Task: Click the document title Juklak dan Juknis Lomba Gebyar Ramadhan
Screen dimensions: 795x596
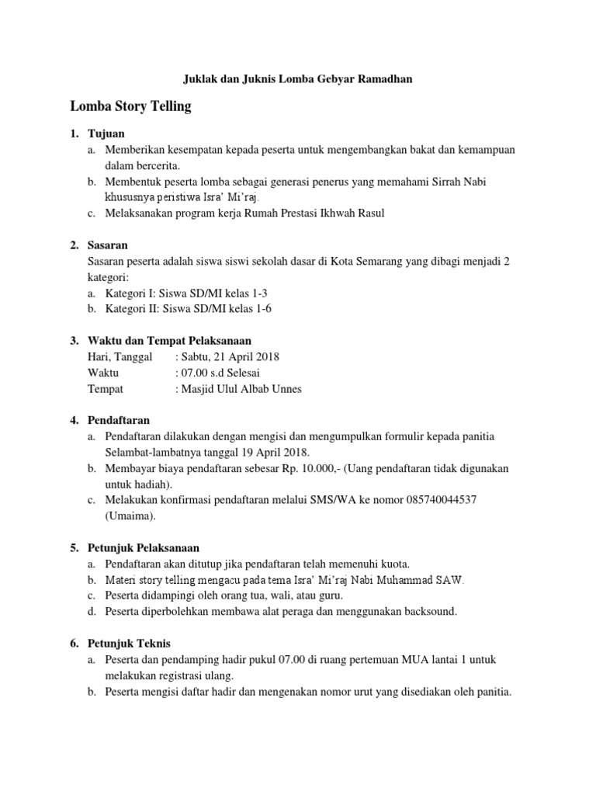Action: tap(297, 78)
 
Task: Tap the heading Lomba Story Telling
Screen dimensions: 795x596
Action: tap(130, 106)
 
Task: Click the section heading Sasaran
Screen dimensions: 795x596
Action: tap(109, 245)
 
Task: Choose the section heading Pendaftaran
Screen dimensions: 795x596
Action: tap(119, 420)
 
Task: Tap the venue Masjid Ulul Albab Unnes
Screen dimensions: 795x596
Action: tap(241, 389)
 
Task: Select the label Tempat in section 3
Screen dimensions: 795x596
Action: tap(106, 389)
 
